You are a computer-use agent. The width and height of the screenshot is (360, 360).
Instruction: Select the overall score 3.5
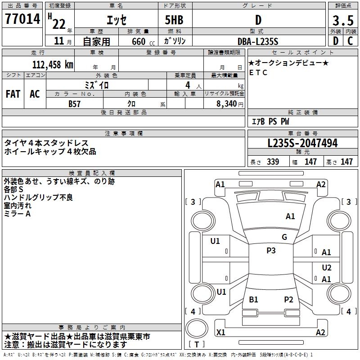tap(342, 21)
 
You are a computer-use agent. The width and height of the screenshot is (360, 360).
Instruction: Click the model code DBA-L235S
tap(258, 41)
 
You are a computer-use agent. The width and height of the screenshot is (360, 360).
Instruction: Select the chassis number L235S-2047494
tap(302, 144)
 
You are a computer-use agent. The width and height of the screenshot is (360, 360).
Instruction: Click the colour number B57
tap(74, 103)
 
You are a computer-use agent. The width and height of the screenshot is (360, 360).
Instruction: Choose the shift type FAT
tap(13, 94)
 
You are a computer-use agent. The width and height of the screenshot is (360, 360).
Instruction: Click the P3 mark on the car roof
tap(270, 251)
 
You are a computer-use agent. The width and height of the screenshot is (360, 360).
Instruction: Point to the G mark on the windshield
tap(284, 237)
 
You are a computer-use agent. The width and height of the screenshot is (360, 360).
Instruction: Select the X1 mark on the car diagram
tap(221, 332)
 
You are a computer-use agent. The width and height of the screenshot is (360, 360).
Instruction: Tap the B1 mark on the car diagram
tap(253, 299)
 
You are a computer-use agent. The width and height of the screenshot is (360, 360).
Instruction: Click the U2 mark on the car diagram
tap(327, 267)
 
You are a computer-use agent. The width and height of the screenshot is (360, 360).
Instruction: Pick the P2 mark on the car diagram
tap(288, 299)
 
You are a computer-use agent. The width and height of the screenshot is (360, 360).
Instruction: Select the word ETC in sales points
tap(258, 72)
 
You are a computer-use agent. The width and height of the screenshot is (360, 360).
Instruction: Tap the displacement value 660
tap(138, 41)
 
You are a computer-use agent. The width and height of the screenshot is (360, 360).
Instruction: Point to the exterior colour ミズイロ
tap(97, 85)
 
